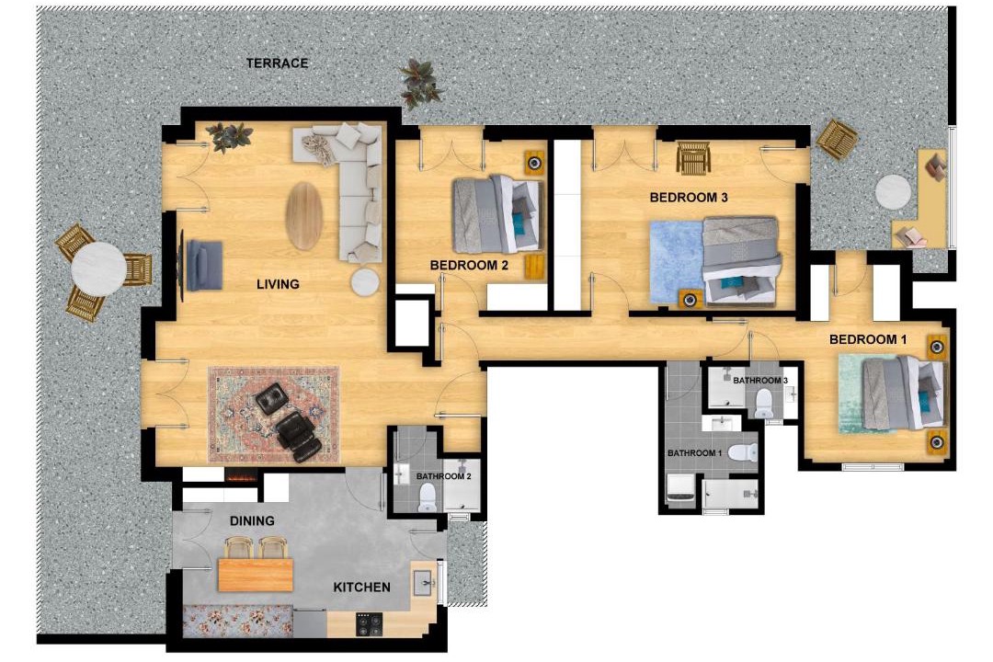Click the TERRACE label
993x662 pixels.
click(278, 63)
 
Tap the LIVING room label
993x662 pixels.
click(278, 284)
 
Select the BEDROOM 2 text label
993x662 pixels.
click(469, 265)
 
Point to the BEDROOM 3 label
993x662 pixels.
click(689, 198)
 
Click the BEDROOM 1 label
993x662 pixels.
click(868, 339)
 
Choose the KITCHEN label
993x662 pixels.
click(361, 588)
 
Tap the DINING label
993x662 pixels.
click(252, 520)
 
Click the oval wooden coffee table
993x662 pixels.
click(304, 216)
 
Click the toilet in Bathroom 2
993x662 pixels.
click(428, 497)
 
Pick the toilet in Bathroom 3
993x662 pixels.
click(764, 403)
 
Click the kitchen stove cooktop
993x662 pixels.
click(370, 624)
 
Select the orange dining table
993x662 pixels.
click(256, 574)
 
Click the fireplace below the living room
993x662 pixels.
click(242, 476)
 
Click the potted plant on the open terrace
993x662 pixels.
click(418, 83)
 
